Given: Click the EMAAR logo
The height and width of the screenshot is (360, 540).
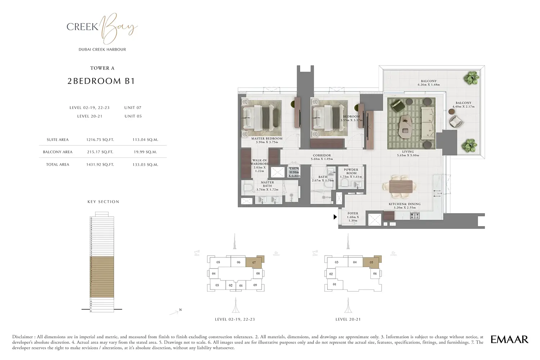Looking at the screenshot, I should [x=509, y=339].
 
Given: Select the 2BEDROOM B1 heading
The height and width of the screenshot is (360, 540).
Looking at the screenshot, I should [x=101, y=81].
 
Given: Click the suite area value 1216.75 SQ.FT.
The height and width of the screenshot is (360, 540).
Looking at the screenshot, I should [x=100, y=140].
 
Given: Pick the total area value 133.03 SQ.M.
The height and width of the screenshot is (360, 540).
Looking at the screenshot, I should [x=145, y=165].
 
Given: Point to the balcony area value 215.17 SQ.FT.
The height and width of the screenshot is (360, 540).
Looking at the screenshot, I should [x=100, y=152].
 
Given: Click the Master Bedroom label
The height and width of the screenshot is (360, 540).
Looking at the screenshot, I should [x=267, y=140].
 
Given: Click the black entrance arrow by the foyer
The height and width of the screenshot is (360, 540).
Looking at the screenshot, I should [x=335, y=217].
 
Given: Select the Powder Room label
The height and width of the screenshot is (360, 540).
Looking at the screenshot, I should [x=351, y=171].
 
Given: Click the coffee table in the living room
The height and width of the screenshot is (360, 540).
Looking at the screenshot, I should [x=407, y=124].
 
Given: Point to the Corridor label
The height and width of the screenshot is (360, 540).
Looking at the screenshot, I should [x=322, y=157].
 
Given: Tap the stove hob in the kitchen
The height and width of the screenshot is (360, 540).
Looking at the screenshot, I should [x=415, y=216].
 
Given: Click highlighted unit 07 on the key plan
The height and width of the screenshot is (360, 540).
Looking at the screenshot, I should [x=254, y=262].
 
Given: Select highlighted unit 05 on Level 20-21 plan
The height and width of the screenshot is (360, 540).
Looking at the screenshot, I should [x=371, y=262].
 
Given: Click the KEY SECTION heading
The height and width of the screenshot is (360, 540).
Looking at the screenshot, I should [x=103, y=202].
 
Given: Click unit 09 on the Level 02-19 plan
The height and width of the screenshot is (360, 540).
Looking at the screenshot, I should [x=255, y=285].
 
